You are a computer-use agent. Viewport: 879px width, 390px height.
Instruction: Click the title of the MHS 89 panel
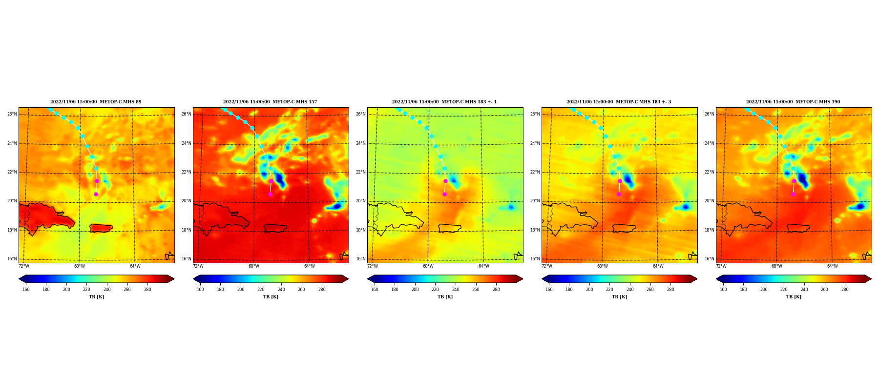[96, 102]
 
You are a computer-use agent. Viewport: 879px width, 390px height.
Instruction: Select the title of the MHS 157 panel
[270, 102]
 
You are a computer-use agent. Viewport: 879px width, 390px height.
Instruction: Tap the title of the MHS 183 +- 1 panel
[444, 102]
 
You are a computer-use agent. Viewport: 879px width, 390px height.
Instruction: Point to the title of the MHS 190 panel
[793, 102]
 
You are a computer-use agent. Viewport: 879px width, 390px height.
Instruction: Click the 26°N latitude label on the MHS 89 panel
[12, 114]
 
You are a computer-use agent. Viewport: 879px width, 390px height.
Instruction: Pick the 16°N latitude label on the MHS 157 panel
[186, 259]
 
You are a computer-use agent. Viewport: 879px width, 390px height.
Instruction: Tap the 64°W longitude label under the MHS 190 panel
[833, 266]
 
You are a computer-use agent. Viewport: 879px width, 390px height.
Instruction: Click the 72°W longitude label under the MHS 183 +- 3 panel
[547, 266]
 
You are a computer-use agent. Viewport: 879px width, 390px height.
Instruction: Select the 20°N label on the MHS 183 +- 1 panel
[360, 201]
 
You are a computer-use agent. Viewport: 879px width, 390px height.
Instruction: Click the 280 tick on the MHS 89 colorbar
[147, 290]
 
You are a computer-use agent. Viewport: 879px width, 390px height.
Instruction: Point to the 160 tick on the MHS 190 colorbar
[723, 290]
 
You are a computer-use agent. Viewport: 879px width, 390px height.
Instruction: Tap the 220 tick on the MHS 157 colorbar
[261, 290]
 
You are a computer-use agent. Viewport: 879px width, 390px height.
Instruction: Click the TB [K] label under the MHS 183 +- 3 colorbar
[619, 297]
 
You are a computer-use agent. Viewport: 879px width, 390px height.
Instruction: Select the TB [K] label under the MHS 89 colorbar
[96, 297]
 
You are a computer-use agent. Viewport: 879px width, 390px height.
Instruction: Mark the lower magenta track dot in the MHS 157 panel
[270, 194]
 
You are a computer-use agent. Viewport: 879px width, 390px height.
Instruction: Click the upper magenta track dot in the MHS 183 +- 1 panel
[445, 181]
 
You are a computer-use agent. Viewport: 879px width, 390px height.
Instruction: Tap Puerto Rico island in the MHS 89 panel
[101, 228]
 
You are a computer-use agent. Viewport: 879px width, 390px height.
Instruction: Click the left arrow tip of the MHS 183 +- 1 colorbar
[368, 279]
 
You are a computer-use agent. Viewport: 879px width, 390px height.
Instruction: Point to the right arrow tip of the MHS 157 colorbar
[348, 279]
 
